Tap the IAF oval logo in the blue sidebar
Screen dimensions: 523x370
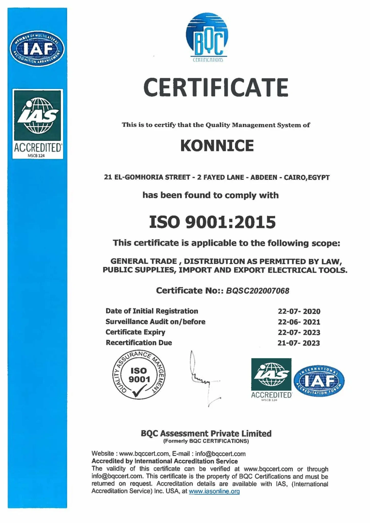(37, 49)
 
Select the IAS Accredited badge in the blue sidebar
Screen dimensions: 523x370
(38, 124)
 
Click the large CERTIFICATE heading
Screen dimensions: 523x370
(216, 87)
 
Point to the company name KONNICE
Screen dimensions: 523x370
(217, 146)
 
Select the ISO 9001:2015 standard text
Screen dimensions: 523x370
(212, 222)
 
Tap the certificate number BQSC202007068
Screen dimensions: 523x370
(257, 291)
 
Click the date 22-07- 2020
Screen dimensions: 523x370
(299, 311)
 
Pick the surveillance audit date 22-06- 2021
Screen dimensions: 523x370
(299, 322)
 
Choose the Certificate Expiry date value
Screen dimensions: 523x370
(299, 332)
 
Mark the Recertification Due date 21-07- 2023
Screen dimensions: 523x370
(299, 343)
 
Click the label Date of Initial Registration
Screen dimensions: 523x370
(152, 311)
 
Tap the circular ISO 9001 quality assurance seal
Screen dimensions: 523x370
(139, 375)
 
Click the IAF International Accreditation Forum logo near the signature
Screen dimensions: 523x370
(319, 381)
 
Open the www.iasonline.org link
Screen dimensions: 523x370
(214, 491)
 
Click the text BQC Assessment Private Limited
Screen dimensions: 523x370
(206, 433)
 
